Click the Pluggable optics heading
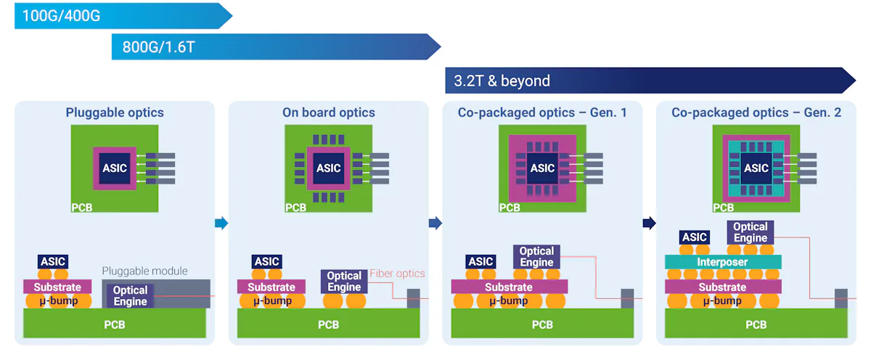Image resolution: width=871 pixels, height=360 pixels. [x=115, y=112]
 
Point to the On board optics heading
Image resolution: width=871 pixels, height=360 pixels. [x=329, y=112]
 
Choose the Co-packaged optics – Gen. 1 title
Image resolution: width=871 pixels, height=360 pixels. [x=542, y=112]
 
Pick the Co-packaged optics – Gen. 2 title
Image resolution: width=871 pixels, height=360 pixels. [x=756, y=112]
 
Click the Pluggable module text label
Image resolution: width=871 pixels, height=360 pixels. [x=144, y=271]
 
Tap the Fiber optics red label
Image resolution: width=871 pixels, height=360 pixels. [x=397, y=274]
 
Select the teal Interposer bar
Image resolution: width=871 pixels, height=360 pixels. [x=723, y=261]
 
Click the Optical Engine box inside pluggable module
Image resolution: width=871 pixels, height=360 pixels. [x=131, y=295]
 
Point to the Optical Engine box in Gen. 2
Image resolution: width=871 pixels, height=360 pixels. [x=750, y=232]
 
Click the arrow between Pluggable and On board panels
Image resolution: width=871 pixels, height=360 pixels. [x=221, y=224]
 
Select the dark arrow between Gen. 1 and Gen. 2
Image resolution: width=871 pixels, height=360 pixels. [x=649, y=224]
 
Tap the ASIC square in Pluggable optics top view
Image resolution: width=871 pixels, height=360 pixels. [x=115, y=168]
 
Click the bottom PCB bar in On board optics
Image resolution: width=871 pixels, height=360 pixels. [x=328, y=324]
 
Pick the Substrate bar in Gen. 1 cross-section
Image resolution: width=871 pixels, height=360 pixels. [x=509, y=287]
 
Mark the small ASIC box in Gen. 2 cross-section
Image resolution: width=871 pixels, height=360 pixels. [x=695, y=237]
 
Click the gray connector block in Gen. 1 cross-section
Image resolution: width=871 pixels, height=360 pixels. [x=627, y=298]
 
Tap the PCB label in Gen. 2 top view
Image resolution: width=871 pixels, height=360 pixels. [x=723, y=208]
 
